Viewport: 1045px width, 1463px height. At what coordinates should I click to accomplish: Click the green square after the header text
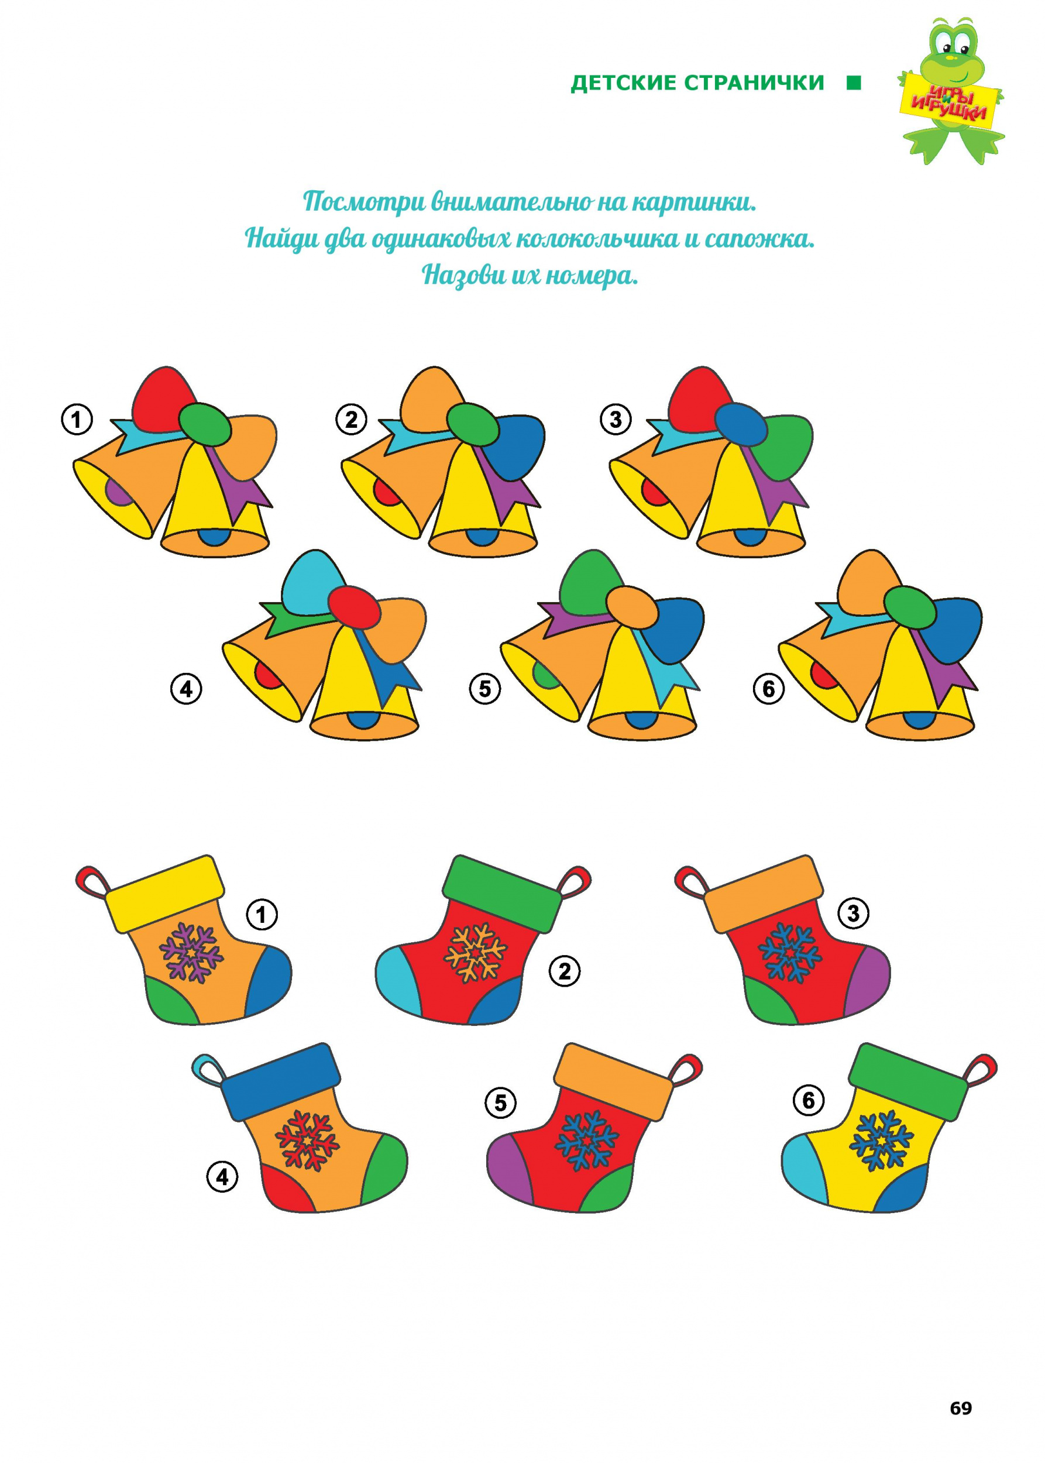854,83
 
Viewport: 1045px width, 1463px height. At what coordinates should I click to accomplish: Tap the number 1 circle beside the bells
77,420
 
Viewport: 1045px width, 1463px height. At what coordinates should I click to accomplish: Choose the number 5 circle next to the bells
484,689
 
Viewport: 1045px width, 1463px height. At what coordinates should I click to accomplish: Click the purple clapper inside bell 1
116,492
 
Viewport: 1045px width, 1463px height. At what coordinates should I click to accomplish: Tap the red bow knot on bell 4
355,607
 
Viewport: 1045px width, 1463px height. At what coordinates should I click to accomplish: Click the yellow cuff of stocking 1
166,894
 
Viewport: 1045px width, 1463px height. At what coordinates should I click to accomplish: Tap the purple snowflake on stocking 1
191,953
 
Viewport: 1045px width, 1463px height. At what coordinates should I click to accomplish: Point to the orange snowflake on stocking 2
476,953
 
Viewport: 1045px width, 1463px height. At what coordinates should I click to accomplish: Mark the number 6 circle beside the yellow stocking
809,1100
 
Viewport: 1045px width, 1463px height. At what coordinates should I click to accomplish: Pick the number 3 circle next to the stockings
853,913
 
